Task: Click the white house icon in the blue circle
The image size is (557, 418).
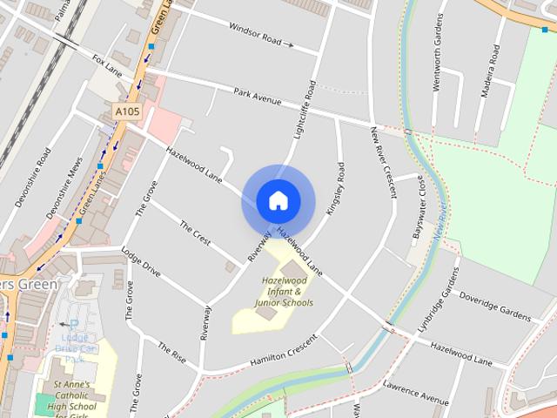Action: tap(278, 200)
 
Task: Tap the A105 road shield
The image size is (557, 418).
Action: tap(126, 111)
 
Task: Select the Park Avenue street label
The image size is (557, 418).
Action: tap(257, 96)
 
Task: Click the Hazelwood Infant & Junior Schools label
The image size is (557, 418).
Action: tap(284, 292)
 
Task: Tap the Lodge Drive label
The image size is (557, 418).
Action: tap(142, 261)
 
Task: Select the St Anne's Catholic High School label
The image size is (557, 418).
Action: tap(78, 396)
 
